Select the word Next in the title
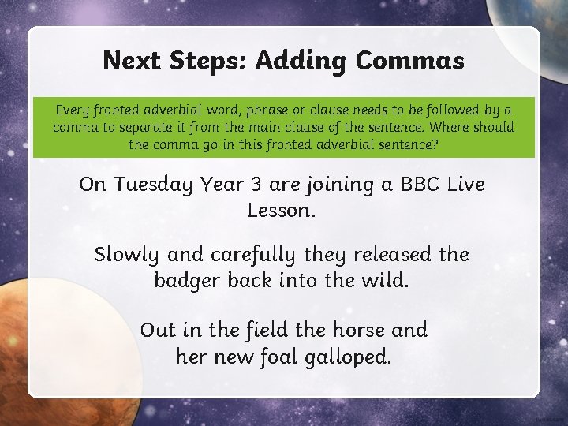tap(132, 60)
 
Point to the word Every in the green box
tap(72, 110)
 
